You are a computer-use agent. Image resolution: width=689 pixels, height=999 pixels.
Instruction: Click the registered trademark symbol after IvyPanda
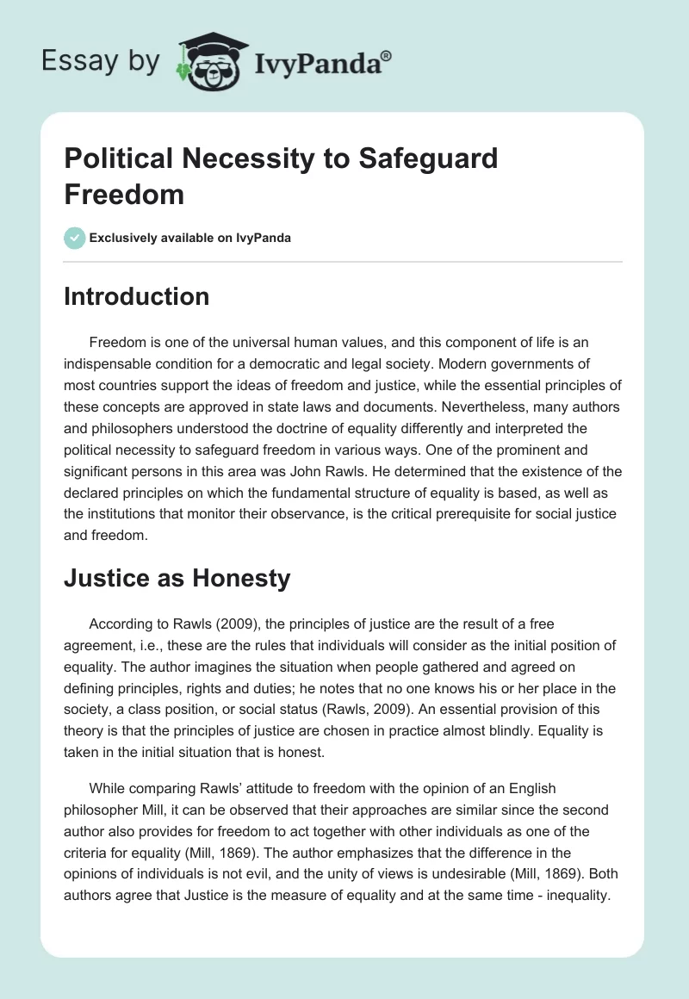387,55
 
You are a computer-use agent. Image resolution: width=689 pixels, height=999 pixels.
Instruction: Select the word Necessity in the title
241,159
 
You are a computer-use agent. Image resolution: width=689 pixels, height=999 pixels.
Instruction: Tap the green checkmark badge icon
75,238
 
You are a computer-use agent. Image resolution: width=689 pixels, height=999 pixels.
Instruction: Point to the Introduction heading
136,296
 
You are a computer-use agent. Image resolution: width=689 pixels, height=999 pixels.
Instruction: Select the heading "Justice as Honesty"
177,579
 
